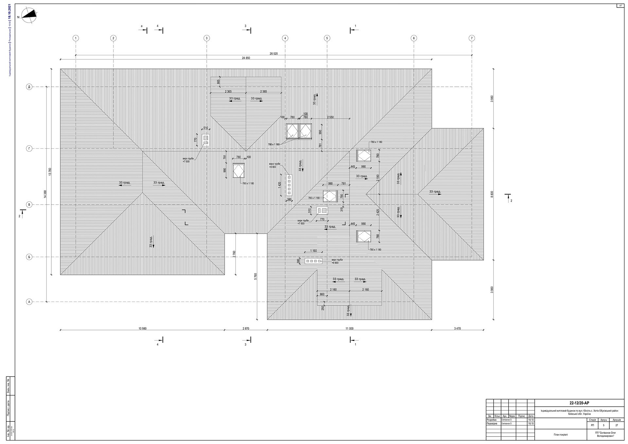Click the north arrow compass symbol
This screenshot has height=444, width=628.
pos(29,15)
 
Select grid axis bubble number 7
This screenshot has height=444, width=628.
pos(472,38)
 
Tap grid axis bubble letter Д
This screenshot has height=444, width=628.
pos(29,87)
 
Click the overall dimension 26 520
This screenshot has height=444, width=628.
pos(273,53)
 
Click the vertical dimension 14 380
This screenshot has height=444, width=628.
pos(45,194)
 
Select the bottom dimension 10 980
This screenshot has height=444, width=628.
pos(142,328)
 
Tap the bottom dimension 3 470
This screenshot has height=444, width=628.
pos(457,328)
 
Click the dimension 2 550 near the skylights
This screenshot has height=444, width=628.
pos(330,117)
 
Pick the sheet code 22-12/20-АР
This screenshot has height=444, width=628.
pos(579,403)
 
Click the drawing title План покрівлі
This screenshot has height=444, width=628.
pos(561,435)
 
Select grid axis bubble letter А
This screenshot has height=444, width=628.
pos(29,302)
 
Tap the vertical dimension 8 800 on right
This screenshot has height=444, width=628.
pos(492,194)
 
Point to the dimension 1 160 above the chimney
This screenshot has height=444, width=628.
pos(313,251)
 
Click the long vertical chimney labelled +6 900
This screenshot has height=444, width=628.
pos(289,185)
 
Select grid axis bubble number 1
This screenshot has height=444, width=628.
pos(76,38)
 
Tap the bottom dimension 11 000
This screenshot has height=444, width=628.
pos(349,328)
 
